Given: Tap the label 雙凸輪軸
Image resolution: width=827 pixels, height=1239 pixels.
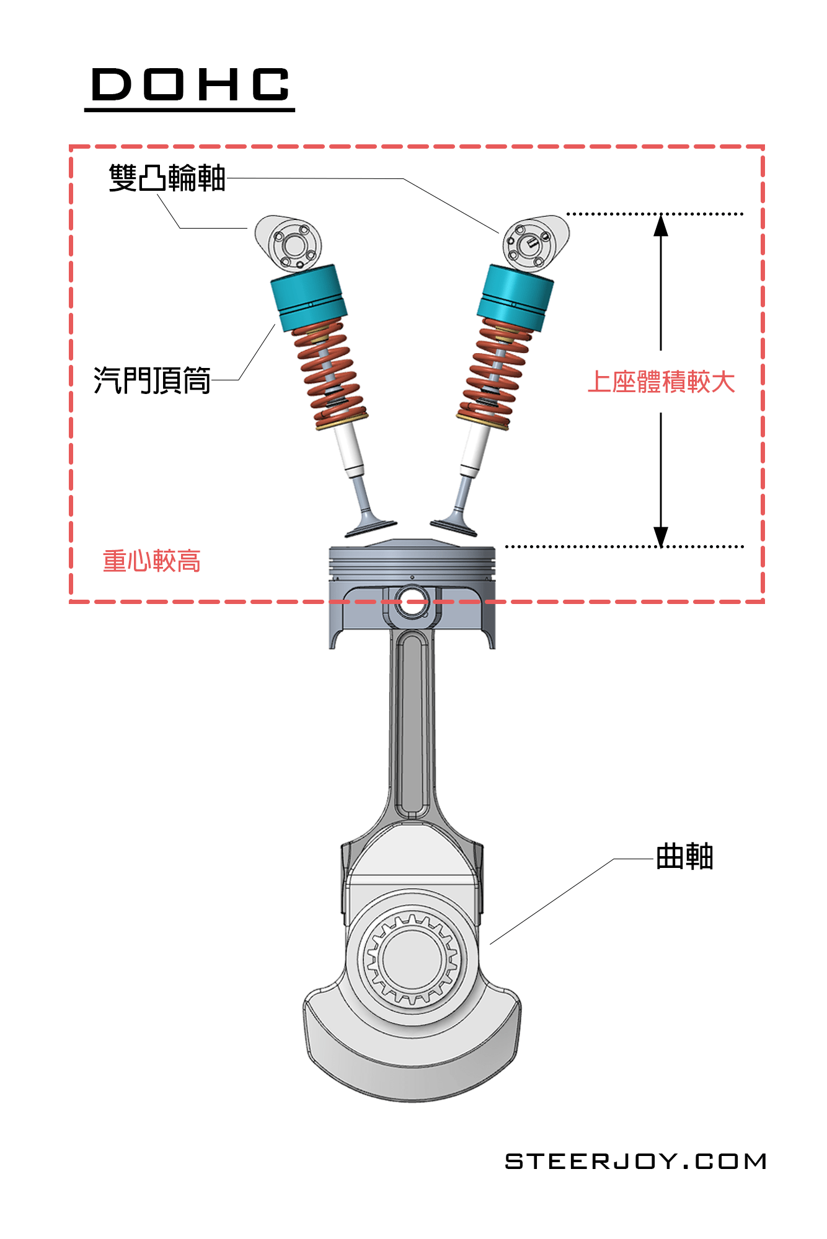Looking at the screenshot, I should (167, 178).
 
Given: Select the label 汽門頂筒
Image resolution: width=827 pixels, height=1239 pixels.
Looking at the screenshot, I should (152, 380).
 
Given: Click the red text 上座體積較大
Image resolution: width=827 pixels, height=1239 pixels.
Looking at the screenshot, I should (661, 382).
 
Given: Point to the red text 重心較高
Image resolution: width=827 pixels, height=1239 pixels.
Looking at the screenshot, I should (152, 561).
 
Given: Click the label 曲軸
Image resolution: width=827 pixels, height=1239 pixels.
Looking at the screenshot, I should (684, 857).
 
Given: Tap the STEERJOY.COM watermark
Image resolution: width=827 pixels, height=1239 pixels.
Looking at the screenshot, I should (635, 1162).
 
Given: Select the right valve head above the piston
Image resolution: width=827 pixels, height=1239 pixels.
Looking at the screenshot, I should (454, 527).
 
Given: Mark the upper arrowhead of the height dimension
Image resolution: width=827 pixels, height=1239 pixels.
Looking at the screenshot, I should (661, 225).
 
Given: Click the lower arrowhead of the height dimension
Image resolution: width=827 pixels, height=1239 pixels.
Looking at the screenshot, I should (661, 536).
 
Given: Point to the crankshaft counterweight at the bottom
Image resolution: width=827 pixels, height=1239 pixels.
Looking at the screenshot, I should (412, 1053).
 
